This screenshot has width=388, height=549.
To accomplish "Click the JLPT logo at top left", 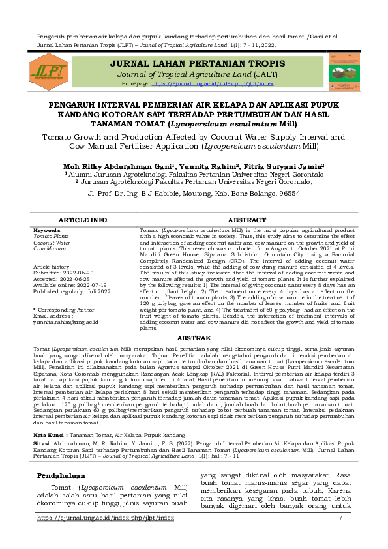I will pyautogui.click(x=50, y=70).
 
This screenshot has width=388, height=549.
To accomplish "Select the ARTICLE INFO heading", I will pyautogui.click(x=83, y=220).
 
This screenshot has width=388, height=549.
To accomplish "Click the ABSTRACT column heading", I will pyautogui.click(x=246, y=220).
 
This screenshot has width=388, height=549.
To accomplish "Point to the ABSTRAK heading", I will pyautogui.click(x=194, y=338).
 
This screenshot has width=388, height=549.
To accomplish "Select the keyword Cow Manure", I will pyautogui.click(x=50, y=248).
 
